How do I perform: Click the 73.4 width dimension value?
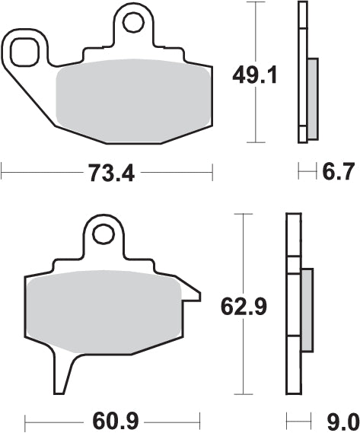[x=107, y=174]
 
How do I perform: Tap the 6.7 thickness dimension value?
[x=337, y=174]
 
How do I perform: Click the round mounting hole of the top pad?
[x=135, y=24]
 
